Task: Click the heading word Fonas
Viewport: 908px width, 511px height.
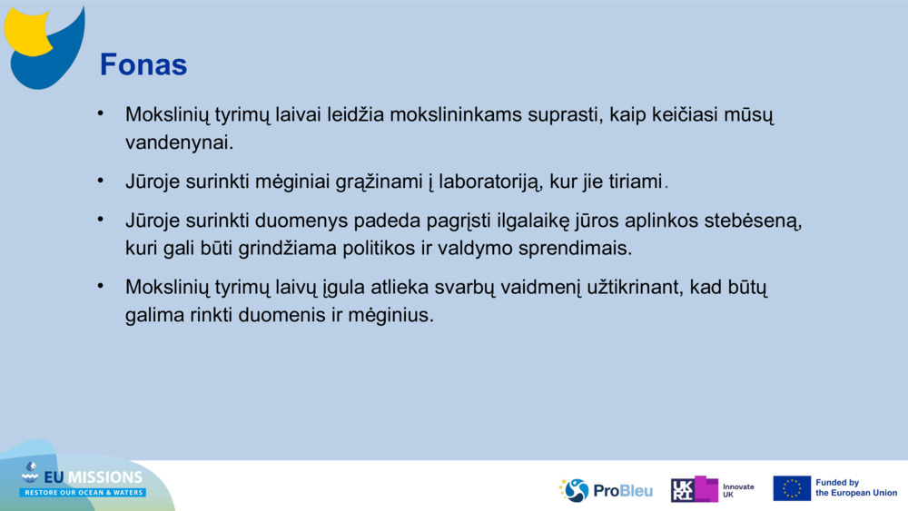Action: [143, 64]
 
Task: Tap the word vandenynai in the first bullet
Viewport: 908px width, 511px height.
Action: [180, 142]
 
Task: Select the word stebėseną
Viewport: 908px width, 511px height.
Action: [753, 221]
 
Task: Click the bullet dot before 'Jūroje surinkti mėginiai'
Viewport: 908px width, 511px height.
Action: [100, 182]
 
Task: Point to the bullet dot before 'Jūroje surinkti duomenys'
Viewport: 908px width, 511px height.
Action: [100, 220]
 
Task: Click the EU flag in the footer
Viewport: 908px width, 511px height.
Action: [792, 488]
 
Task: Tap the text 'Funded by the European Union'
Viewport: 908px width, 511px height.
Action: [856, 487]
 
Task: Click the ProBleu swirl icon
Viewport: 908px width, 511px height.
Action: [575, 490]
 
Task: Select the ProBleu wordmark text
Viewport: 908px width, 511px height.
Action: [623, 491]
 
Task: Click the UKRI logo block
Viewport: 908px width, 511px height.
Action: [695, 489]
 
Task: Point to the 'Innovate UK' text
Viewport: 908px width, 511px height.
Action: [738, 491]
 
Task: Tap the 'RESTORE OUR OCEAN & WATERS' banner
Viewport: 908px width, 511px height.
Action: [83, 493]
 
